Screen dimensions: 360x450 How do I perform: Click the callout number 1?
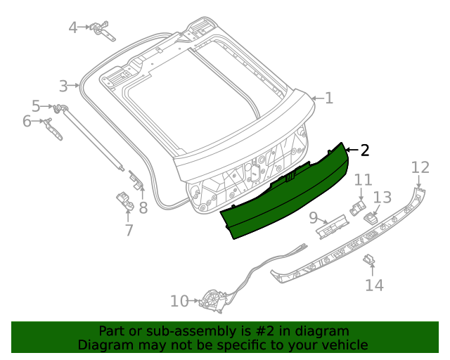coord(328,98)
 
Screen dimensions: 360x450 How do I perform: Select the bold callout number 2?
coord(364,150)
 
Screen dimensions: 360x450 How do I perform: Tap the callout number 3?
coord(63,86)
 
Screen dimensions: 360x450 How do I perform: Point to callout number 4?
coord(73,27)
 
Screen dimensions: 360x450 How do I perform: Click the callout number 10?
coord(179,301)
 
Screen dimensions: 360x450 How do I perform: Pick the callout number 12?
coord(420,167)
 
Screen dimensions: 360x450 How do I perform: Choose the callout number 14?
coord(374,285)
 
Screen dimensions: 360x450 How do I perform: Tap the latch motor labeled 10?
coord(211,301)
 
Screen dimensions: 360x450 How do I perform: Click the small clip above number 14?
coord(368,260)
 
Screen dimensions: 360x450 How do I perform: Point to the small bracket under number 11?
coord(359,206)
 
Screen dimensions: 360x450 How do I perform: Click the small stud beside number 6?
coord(49,124)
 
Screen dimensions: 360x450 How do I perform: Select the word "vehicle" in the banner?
coord(343,345)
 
